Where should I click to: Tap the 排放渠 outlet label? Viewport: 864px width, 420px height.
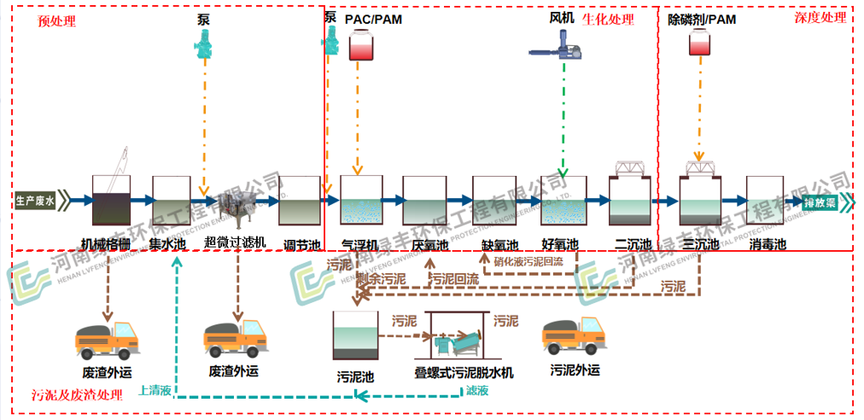[823, 202]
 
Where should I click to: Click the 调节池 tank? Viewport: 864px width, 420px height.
[299, 201]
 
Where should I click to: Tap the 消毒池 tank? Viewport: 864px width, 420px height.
[766, 201]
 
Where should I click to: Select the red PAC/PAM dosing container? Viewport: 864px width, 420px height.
[361, 46]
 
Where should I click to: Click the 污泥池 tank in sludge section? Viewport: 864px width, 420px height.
[355, 335]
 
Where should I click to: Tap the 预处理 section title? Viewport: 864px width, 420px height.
[57, 20]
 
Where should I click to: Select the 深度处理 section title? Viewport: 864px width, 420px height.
[820, 17]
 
